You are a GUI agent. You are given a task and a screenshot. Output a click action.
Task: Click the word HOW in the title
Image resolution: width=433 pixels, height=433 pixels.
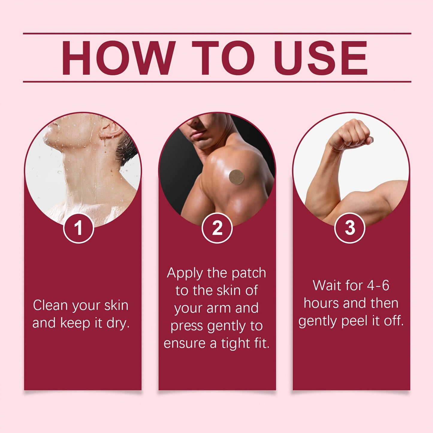pyautogui.click(x=118, y=58)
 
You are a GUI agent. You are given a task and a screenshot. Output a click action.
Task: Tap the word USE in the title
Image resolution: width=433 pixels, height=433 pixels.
pyautogui.click(x=321, y=58)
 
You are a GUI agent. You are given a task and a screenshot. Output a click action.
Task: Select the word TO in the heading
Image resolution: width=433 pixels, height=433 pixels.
pyautogui.click(x=223, y=58)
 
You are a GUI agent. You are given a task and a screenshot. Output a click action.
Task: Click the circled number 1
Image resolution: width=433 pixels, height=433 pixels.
pyautogui.click(x=79, y=228)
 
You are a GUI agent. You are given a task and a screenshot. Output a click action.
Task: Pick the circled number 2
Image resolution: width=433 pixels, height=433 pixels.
pyautogui.click(x=217, y=228)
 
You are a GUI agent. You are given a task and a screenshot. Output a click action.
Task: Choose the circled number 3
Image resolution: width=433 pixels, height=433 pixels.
pyautogui.click(x=350, y=228)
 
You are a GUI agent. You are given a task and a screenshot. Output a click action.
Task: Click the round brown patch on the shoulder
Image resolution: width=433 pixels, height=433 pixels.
pyautogui.click(x=236, y=177)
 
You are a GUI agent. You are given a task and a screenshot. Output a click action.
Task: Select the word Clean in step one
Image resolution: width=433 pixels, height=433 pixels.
pyautogui.click(x=50, y=306)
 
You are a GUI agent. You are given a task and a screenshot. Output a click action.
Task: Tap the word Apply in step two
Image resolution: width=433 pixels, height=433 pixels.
pyautogui.click(x=185, y=274)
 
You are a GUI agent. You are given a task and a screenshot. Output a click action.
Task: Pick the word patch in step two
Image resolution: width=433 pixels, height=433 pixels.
pyautogui.click(x=249, y=273)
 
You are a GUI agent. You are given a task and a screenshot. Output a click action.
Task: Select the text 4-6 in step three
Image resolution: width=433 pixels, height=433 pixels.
pyautogui.click(x=378, y=286)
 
